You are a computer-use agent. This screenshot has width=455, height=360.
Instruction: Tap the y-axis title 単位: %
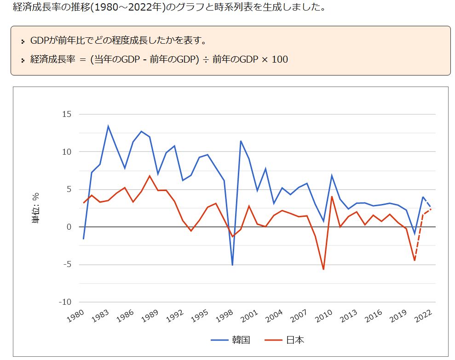coord(35,208)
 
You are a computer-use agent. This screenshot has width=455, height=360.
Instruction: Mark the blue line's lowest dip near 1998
coord(232,265)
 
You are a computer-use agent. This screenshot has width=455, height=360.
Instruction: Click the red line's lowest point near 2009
coord(323,269)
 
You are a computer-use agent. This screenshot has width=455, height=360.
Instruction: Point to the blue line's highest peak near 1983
coord(108,126)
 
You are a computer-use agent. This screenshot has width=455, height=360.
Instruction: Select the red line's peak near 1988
coord(150,176)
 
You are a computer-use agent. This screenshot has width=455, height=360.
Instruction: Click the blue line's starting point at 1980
coord(83,239)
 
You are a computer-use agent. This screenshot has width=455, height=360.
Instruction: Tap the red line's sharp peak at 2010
coord(332,197)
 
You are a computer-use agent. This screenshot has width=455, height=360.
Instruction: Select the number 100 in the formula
coord(280,59)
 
